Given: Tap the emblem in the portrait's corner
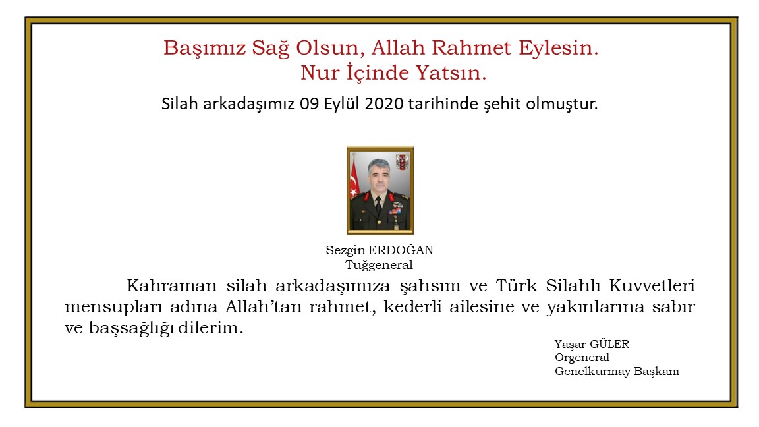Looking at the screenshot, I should click(x=401, y=161).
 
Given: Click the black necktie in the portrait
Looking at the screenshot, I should click(x=378, y=205).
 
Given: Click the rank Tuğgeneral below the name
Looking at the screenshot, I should click(x=379, y=265).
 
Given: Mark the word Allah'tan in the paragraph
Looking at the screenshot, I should click(x=262, y=308).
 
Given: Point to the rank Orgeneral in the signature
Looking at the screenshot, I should click(x=582, y=357).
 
